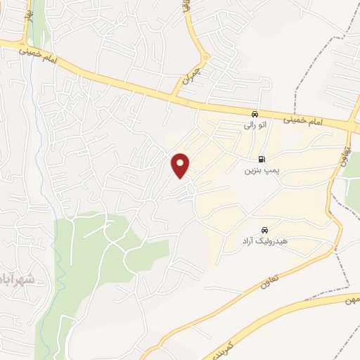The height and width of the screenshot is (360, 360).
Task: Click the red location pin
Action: pyautogui.click(x=181, y=165)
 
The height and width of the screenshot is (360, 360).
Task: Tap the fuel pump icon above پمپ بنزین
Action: pyautogui.click(x=262, y=160)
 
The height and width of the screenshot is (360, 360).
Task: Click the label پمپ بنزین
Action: pyautogui.click(x=258, y=171)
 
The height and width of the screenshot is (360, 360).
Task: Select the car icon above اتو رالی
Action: pyautogui.click(x=254, y=114)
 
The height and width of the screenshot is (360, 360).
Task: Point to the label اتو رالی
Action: pyautogui.click(x=254, y=125)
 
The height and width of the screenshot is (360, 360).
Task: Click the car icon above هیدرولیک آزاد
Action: pyautogui.click(x=264, y=231)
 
